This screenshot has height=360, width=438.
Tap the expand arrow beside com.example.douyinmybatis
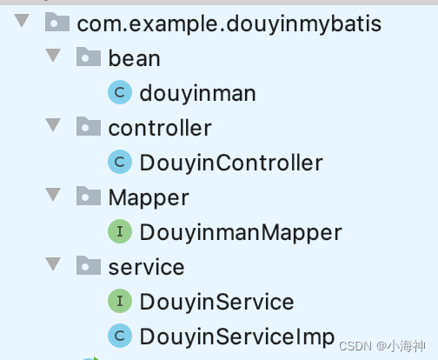22,21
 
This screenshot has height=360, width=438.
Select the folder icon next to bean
89,57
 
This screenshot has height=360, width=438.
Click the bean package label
134,58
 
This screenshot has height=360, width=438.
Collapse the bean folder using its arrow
53,56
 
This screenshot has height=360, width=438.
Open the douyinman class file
198,93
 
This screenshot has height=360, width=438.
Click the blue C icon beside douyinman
120,92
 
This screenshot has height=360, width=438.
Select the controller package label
160,128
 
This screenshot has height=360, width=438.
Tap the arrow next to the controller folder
53,125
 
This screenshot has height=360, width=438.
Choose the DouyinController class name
231,163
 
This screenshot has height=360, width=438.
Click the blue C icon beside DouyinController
120,162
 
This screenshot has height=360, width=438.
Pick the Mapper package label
149,198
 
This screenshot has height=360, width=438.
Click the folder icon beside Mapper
89,196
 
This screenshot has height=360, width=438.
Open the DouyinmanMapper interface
241,232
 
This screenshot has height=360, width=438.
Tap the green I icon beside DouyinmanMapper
120,231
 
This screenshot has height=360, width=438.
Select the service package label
146,267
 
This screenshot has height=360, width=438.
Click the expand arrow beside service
53,264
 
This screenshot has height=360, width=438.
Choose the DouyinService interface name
216,302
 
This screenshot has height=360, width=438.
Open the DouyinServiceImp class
237,337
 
